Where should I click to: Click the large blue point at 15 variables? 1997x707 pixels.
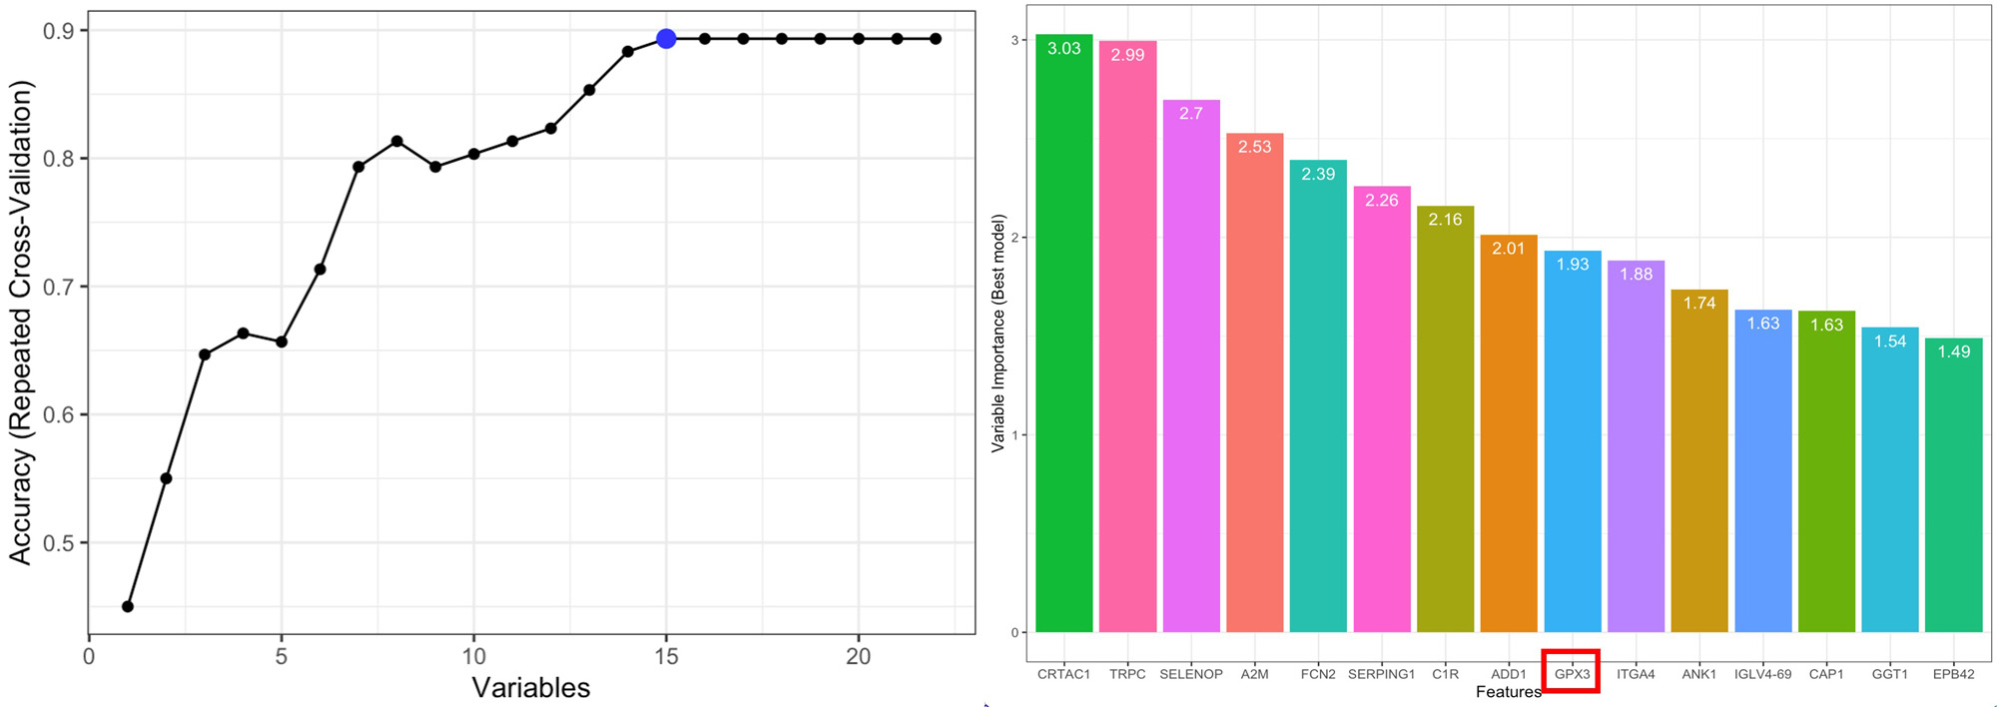click(x=666, y=39)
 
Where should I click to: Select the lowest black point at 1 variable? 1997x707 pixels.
click(x=128, y=606)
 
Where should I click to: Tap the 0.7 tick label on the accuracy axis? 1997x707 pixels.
click(x=60, y=287)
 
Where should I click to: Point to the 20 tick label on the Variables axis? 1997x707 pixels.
click(x=858, y=656)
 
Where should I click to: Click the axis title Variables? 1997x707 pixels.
click(x=530, y=687)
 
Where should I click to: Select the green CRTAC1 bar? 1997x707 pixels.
click(x=1063, y=340)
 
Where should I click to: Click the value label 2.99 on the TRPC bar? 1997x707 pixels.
click(x=1127, y=55)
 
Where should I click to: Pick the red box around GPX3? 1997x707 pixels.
click(x=1572, y=671)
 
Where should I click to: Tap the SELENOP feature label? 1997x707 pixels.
click(x=1190, y=674)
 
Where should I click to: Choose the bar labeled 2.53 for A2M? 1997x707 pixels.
click(x=1254, y=389)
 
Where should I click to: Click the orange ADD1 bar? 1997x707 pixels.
click(x=1508, y=439)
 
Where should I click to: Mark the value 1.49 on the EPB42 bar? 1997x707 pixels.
click(x=1953, y=352)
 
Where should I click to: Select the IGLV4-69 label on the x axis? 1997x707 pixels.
click(x=1762, y=674)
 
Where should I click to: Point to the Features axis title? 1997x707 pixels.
click(x=1508, y=692)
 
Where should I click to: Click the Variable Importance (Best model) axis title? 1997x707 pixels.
click(x=998, y=334)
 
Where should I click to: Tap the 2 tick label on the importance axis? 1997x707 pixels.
click(x=1015, y=238)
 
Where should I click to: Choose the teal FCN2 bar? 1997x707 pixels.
click(x=1318, y=399)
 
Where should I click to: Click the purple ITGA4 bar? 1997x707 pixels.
click(x=1636, y=449)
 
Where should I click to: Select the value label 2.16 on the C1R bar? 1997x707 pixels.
click(x=1445, y=220)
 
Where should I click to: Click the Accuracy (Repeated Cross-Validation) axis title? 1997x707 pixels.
click(x=21, y=323)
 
